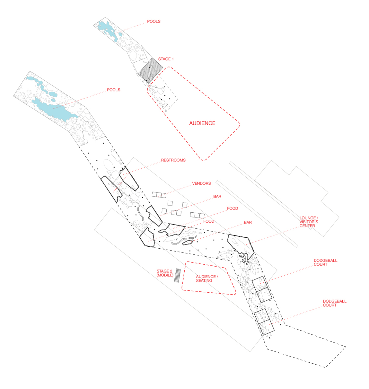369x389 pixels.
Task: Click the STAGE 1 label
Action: (166, 59)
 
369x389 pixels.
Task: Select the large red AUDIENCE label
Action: (202, 123)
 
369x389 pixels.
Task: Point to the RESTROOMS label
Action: (173, 160)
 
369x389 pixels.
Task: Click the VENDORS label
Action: (201, 183)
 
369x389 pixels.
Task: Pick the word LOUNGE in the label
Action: (307, 218)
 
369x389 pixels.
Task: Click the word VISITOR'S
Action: (309, 222)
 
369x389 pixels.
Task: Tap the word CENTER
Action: (307, 226)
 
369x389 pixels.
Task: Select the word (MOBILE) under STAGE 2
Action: (165, 275)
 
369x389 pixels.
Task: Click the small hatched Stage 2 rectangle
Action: (178, 275)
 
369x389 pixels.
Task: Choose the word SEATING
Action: (204, 280)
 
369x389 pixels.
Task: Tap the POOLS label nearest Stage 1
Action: (154, 21)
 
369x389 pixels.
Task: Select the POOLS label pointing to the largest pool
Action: (113, 90)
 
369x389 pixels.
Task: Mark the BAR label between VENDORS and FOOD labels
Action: (217, 196)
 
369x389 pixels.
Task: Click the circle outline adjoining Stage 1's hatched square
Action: (134, 55)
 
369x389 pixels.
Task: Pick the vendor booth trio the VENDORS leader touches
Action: (159, 194)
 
